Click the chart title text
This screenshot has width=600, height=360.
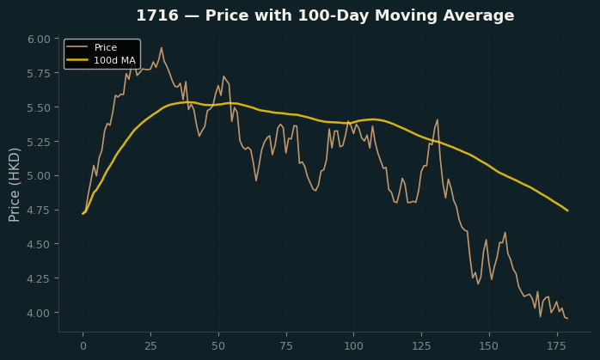coord(325,15)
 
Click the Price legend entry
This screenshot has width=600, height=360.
coord(92,47)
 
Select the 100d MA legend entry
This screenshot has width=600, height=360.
coord(101,60)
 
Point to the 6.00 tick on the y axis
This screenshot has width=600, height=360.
coord(39,39)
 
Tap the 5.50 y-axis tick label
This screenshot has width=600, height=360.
coord(39,107)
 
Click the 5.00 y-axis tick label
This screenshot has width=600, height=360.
coord(39,176)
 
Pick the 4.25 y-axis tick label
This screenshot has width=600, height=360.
coord(39,278)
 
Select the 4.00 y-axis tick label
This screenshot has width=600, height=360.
coord(39,313)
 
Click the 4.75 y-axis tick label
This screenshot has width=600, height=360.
coord(39,210)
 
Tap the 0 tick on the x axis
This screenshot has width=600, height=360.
coord(83,346)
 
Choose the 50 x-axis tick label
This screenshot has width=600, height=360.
coord(218,346)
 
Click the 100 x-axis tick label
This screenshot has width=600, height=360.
coord(353,346)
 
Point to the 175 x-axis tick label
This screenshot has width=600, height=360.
coord(556,346)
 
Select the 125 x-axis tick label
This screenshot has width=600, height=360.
coord(421,346)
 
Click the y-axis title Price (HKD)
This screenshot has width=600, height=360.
coord(14,185)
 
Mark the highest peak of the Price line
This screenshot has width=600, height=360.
coord(162,48)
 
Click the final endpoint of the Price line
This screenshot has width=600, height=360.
coord(567,318)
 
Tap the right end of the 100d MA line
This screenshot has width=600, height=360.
coord(568,211)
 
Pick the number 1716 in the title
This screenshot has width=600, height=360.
coord(157,15)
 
